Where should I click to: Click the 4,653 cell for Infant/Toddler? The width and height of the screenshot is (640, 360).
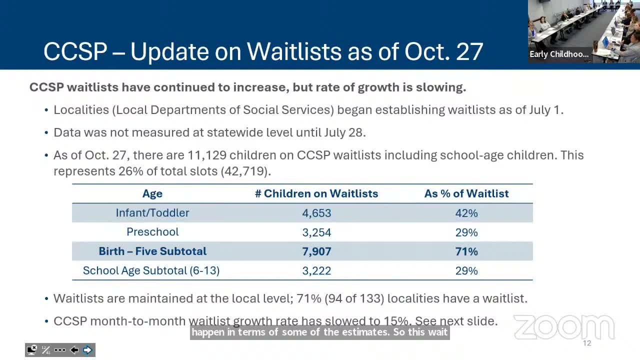(x=316, y=213)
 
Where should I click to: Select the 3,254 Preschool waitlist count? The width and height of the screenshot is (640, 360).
(x=316, y=232)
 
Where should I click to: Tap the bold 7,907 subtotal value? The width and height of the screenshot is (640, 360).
(x=316, y=251)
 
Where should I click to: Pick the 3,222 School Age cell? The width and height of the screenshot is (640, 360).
(x=316, y=271)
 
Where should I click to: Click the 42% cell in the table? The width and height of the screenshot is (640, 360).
(x=466, y=213)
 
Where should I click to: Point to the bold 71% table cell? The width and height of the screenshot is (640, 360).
(x=466, y=251)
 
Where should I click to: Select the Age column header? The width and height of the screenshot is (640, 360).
(x=152, y=194)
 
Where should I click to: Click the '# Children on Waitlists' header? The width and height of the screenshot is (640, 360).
(x=316, y=194)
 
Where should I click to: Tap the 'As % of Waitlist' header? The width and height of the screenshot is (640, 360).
(x=466, y=194)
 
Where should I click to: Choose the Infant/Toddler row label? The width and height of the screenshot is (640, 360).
(x=152, y=213)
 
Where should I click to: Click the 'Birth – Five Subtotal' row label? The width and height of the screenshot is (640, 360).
(x=152, y=251)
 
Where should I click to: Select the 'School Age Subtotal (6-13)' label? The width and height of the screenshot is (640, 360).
(x=151, y=271)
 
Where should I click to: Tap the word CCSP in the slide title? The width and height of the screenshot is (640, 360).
(x=75, y=51)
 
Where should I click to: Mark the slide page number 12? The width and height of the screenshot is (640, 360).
(x=586, y=343)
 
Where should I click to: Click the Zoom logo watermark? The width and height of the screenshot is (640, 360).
(x=564, y=327)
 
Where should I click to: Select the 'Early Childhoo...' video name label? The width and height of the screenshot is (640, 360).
(x=559, y=54)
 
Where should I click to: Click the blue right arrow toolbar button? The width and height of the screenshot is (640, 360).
(x=87, y=350)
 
